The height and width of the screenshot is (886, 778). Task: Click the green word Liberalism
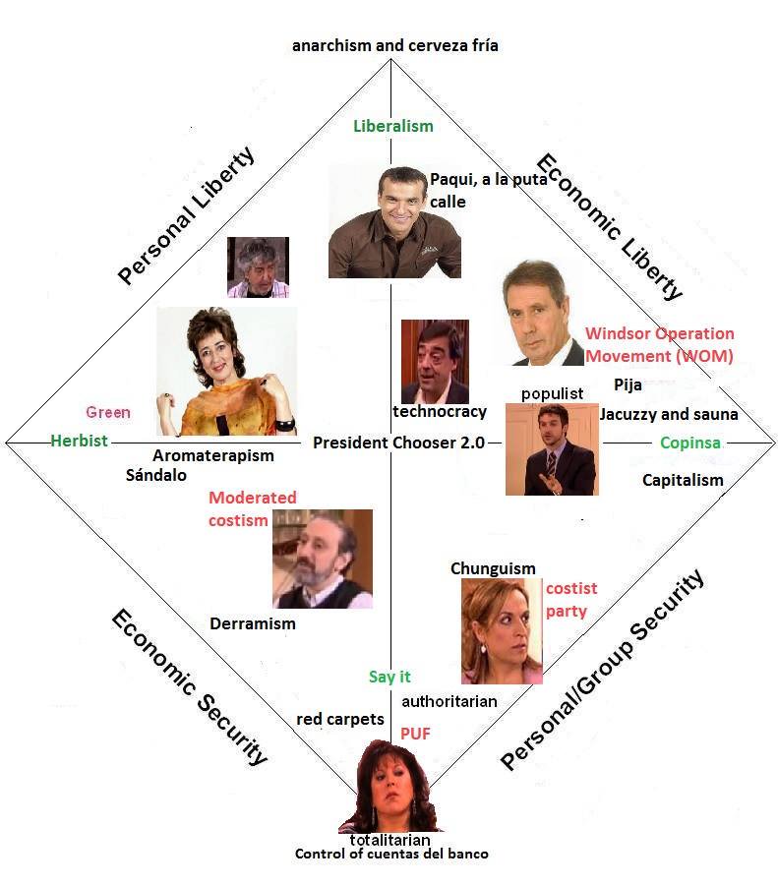[392, 126]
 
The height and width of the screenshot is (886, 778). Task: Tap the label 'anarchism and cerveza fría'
[395, 45]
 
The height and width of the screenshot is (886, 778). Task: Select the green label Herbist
[80, 442]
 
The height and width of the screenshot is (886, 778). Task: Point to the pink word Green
[107, 412]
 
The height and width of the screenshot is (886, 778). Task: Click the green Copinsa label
[689, 443]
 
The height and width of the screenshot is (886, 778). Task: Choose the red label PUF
[415, 733]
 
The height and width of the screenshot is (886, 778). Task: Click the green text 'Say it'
[389, 677]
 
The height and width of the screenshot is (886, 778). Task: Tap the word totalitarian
[390, 840]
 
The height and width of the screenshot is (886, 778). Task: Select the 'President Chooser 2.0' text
[398, 443]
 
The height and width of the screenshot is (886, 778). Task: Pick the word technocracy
[440, 411]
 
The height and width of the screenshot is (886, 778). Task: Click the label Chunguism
[493, 568]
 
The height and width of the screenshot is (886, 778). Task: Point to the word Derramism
[253, 623]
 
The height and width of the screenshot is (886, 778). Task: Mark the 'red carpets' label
[340, 720]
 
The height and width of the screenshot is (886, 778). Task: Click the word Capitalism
[683, 480]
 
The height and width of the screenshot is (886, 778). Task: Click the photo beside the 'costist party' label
[501, 630]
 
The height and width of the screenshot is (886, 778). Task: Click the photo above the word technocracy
[435, 360]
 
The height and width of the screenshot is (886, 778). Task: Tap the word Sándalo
[155, 474]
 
